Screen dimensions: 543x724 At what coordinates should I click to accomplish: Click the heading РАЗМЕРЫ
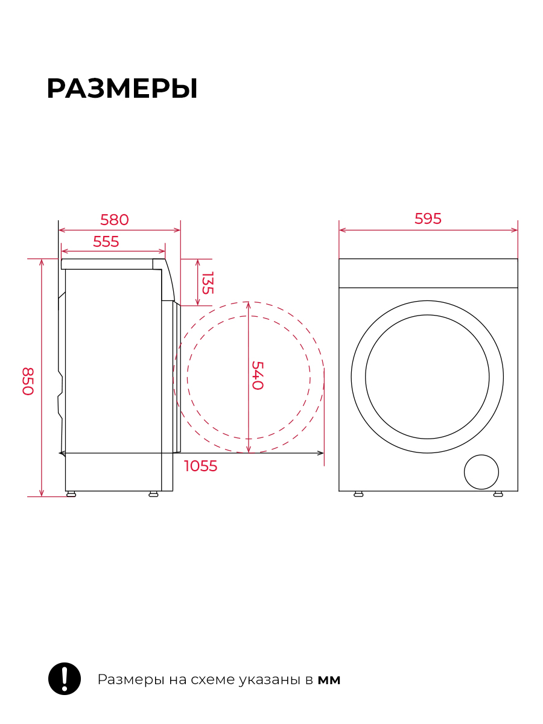click(122, 89)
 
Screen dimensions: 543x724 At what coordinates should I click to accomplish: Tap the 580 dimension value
click(115, 220)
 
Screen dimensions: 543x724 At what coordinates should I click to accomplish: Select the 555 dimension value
click(106, 242)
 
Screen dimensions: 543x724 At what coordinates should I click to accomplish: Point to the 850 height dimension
click(28, 381)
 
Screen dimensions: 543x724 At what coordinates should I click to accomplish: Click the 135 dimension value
click(208, 283)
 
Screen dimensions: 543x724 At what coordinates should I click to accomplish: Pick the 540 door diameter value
click(258, 375)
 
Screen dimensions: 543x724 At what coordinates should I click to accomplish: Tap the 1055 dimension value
click(200, 466)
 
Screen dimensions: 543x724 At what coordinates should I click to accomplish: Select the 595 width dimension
click(428, 218)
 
